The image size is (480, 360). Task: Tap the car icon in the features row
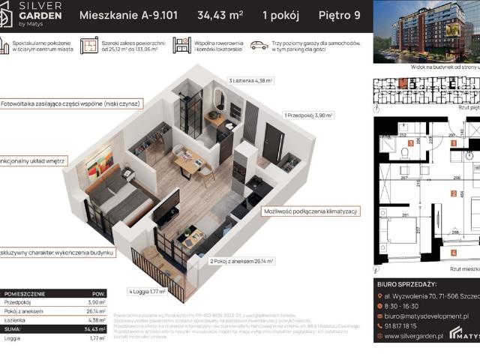(259, 46)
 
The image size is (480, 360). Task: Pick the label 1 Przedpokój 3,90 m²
(308, 115)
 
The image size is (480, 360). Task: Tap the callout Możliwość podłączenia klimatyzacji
(308, 211)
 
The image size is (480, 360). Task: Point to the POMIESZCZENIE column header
(25, 293)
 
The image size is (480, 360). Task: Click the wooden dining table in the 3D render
(187, 157)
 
